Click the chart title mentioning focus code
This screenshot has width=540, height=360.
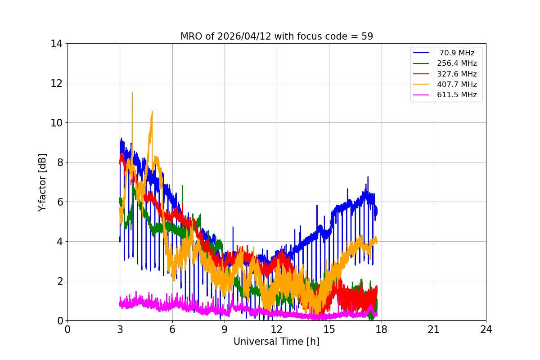point(276,36)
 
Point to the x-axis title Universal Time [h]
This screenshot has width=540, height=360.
point(276,342)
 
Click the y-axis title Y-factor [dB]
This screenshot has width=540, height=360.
point(42,182)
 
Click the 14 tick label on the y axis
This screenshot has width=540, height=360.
point(57,44)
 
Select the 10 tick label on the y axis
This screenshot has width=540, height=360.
point(57,123)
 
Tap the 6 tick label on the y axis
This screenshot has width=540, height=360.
point(59,202)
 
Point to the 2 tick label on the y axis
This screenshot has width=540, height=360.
point(59,281)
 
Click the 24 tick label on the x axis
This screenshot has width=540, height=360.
point(486,329)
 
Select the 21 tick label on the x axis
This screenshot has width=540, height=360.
point(433,329)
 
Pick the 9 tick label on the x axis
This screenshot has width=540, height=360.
point(224,329)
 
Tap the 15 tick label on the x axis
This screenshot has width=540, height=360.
point(329,329)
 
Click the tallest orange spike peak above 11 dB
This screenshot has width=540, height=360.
point(132,92)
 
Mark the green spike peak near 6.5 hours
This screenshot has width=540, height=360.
point(182,185)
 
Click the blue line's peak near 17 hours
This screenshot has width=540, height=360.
point(368,177)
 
